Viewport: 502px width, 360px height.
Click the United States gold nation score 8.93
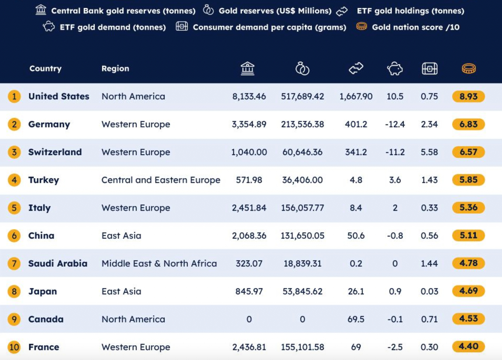coord(468,97)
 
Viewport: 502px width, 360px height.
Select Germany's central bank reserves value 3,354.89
coord(249,124)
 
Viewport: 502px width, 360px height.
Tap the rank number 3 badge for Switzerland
coord(14,152)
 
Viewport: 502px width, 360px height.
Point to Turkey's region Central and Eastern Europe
coord(161,180)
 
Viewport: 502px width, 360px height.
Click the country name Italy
coord(39,208)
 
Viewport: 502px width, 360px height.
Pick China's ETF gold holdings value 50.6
coord(356,236)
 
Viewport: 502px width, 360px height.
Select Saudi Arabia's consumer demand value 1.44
coord(429,263)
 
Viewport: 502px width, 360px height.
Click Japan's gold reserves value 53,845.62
coord(302,291)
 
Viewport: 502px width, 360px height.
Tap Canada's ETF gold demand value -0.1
coord(395,319)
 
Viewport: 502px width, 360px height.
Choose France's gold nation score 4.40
coord(468,347)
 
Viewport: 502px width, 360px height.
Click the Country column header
coord(45,69)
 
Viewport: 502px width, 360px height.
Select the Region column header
coord(115,69)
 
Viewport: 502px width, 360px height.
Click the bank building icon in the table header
coord(247,69)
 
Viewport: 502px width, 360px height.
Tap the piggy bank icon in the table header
coord(395,69)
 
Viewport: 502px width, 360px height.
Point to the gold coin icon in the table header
coord(468,69)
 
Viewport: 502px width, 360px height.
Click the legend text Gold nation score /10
coord(415,27)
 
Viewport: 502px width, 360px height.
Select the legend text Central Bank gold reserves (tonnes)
coord(123,11)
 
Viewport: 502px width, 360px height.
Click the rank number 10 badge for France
coord(14,347)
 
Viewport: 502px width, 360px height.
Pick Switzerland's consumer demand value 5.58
coord(429,152)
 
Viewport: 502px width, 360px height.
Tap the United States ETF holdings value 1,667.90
coord(356,97)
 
